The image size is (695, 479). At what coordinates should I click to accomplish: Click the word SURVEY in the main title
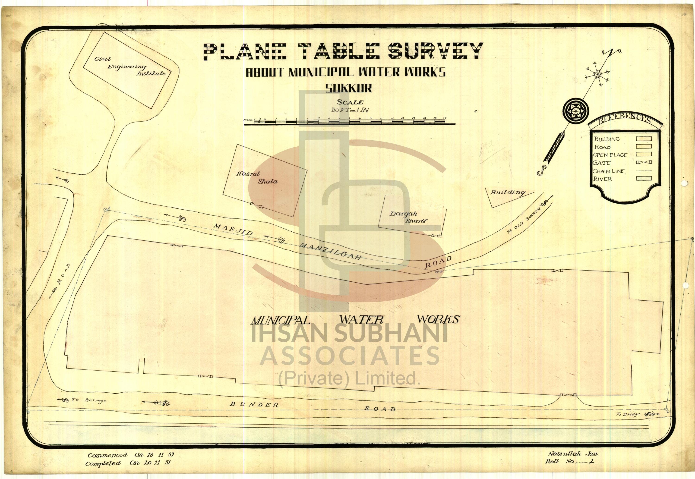click(435, 52)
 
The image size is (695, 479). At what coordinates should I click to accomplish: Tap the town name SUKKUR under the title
click(349, 88)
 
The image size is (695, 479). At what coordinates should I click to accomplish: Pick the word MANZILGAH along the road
click(330, 251)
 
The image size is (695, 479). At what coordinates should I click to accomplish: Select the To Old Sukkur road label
click(523, 221)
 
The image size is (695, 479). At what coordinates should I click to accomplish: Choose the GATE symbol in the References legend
click(644, 162)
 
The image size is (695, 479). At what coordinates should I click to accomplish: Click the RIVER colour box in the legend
click(644, 179)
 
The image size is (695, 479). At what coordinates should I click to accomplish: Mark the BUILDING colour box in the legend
click(644, 139)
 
